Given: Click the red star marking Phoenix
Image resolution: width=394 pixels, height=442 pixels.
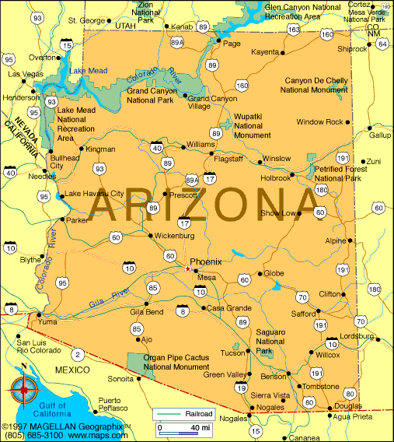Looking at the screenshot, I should (187, 269).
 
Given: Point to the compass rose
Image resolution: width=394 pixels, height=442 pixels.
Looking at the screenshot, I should (24, 386).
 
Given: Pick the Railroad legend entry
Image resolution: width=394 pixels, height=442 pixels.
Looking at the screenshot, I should (183, 413).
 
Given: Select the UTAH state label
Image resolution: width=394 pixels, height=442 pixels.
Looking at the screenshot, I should (124, 26).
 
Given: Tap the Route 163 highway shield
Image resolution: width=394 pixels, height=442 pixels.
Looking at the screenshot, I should (293, 30).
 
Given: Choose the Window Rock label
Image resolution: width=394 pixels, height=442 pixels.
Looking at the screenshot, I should (319, 121).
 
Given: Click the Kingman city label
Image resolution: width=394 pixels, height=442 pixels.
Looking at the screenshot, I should (100, 149).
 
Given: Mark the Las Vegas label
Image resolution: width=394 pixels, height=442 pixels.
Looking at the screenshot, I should (25, 74).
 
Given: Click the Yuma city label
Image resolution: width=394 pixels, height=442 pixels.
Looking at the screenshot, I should (48, 321).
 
